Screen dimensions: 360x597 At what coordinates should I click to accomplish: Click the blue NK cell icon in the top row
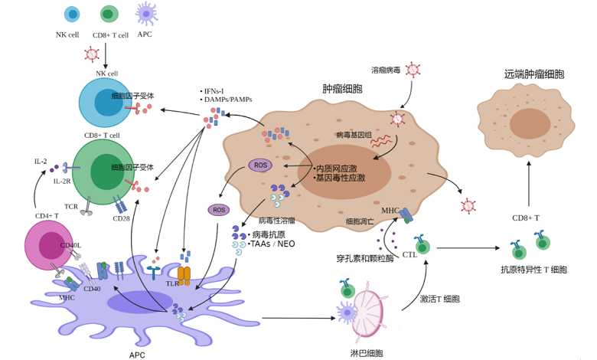[x=72, y=14]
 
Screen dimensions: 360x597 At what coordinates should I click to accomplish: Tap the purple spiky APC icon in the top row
[x=145, y=13]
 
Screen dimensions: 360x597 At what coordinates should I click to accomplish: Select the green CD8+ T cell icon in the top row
[x=109, y=14]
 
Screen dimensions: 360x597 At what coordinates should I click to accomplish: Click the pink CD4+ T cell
[x=48, y=245]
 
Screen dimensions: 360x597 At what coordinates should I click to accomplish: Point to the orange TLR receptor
[x=184, y=273]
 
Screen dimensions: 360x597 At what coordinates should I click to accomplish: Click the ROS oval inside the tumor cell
[x=260, y=165]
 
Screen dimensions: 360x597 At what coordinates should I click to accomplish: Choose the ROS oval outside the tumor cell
[x=219, y=209]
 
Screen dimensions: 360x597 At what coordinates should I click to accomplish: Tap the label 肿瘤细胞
[x=342, y=89]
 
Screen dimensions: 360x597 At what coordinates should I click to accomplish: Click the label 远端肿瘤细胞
[x=534, y=74]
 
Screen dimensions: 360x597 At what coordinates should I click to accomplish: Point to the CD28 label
[x=122, y=218]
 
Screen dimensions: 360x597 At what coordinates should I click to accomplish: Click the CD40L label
[x=70, y=245]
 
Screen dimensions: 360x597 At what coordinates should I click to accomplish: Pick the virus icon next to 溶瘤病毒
[x=413, y=70]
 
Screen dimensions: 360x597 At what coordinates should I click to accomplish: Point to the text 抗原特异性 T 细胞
[x=533, y=269]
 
